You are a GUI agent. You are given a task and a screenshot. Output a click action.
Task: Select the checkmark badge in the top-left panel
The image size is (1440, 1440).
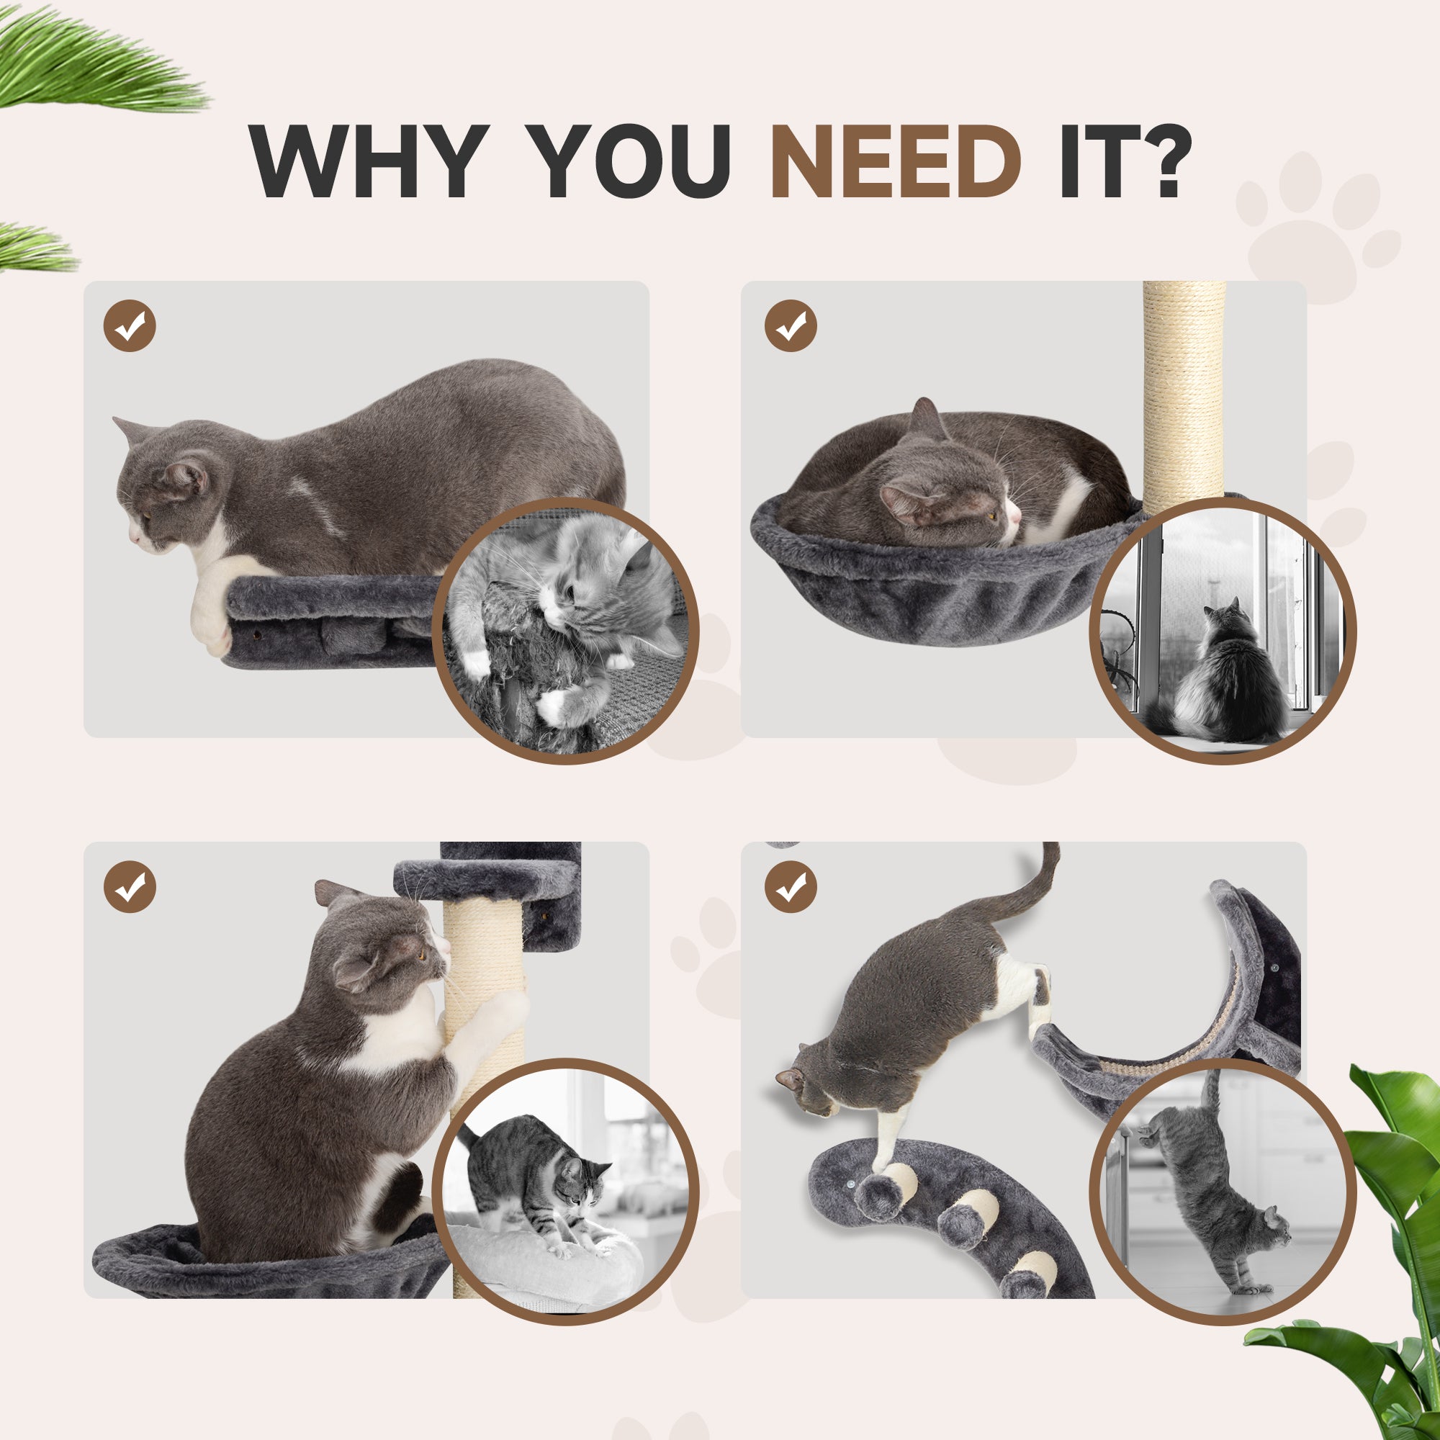[130, 325]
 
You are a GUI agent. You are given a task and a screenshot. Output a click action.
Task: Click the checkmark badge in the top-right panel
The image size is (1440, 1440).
[791, 325]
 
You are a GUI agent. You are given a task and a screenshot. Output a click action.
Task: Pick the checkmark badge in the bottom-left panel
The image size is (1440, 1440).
[130, 887]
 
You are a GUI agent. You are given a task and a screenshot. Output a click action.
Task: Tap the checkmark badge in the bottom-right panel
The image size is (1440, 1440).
[791, 887]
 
